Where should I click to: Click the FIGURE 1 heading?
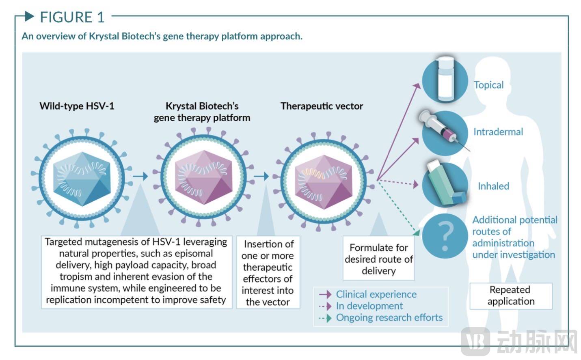(x=72, y=17)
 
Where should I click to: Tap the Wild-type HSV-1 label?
(x=77, y=106)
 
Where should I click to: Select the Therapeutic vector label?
(x=322, y=106)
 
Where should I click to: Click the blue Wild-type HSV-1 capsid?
(x=82, y=179)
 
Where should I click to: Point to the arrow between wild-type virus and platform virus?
(x=140, y=176)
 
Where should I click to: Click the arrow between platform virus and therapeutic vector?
(x=261, y=176)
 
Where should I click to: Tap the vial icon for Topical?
(x=445, y=79)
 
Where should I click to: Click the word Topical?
(x=488, y=85)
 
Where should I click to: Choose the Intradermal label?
(x=498, y=132)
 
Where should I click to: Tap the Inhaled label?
(x=493, y=186)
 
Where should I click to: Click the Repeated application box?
(x=511, y=295)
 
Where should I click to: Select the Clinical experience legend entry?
(x=376, y=294)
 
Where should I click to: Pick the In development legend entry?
(x=369, y=306)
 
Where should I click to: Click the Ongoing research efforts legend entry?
(x=389, y=318)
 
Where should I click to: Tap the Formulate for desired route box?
(x=378, y=259)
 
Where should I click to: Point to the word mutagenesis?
(x=108, y=242)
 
